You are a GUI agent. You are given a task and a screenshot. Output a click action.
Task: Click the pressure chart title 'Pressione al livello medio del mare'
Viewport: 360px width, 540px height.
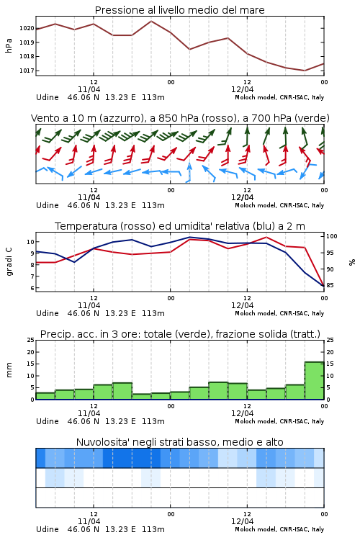[179, 10]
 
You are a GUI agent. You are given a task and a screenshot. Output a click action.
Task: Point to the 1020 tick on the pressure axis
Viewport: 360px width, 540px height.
[27, 28]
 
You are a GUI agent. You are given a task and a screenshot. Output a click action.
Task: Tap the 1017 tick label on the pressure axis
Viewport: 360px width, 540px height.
[27, 71]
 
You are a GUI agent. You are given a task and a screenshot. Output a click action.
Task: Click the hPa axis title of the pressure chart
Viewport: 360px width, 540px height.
[9, 46]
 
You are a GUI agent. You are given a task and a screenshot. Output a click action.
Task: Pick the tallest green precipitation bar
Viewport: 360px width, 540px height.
[314, 381]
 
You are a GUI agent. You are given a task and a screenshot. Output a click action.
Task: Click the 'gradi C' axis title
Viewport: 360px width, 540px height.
[9, 262]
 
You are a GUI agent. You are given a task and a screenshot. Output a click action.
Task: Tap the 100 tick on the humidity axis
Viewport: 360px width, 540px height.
[332, 236]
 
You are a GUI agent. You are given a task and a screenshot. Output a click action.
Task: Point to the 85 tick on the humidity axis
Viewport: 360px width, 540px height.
[330, 285]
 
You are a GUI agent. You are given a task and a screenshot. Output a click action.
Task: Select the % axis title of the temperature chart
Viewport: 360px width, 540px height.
[352, 262]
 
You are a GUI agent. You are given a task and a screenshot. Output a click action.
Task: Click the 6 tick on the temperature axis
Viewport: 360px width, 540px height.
[32, 288]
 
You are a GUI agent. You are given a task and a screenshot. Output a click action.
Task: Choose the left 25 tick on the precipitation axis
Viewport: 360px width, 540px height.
[31, 340]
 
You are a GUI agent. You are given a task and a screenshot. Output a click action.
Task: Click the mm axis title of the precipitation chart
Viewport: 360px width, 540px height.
[9, 370]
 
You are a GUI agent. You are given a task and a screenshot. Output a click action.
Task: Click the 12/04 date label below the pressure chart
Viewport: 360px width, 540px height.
[242, 89]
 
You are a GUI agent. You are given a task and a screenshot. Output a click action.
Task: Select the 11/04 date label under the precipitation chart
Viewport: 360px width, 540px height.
[89, 413]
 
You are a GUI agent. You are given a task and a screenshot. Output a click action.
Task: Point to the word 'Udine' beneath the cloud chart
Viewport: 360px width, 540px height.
[48, 529]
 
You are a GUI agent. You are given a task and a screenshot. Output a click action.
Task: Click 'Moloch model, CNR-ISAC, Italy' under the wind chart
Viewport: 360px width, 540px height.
[279, 205]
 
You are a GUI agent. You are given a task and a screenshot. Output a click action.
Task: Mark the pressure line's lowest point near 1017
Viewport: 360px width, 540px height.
[305, 71]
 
